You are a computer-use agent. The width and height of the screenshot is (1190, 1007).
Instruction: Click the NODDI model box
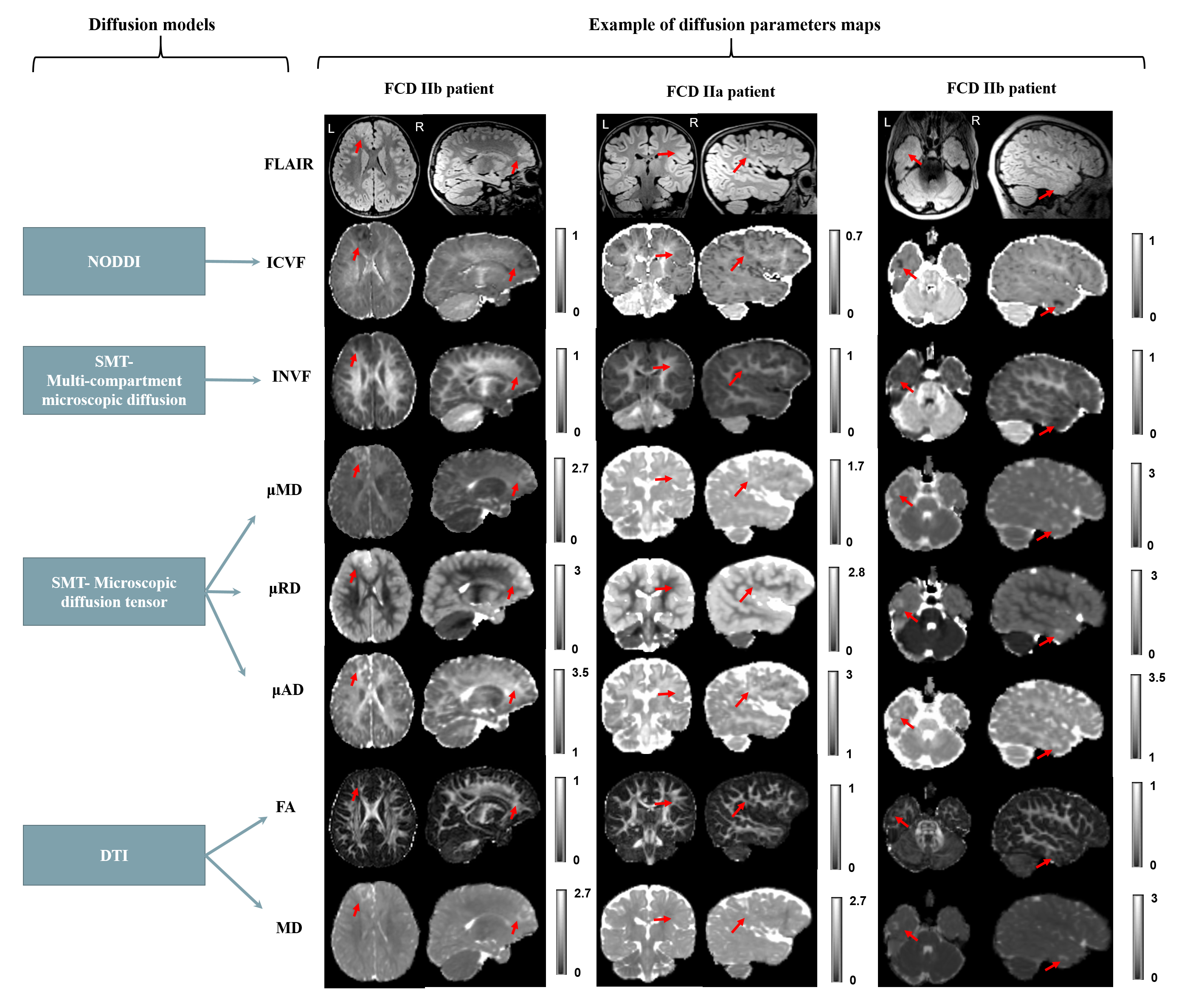click(x=114, y=262)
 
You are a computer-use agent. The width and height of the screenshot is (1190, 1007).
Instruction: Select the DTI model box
click(x=114, y=855)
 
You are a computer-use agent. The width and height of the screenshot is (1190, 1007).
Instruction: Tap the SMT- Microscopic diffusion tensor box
click(x=114, y=591)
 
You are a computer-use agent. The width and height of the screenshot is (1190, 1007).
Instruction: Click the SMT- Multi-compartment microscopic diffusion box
click(x=114, y=380)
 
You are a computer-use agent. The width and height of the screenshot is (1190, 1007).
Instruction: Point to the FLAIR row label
click(x=288, y=164)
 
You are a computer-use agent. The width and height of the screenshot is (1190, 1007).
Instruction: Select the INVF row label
click(x=291, y=376)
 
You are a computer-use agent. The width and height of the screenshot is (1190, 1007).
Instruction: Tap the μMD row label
click(x=284, y=490)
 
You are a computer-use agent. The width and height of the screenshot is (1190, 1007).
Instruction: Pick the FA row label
click(x=285, y=807)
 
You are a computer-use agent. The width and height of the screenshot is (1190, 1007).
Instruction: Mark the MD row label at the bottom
click(x=289, y=928)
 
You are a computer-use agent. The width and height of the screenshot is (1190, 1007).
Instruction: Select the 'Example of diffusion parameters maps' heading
click(x=734, y=25)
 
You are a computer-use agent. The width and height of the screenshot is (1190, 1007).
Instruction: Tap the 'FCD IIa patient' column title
click(x=720, y=91)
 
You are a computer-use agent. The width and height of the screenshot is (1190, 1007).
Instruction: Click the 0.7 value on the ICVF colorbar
click(x=854, y=236)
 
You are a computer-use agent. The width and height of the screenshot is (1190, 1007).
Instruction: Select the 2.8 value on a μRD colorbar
click(x=856, y=572)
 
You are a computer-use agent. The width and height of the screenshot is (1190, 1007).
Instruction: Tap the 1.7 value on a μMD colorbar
click(x=855, y=466)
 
